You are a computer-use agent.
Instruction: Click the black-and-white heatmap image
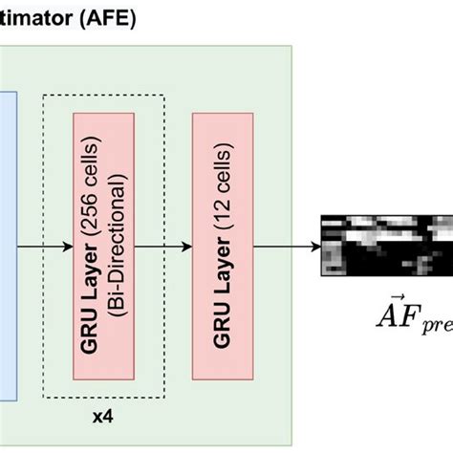385,245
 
